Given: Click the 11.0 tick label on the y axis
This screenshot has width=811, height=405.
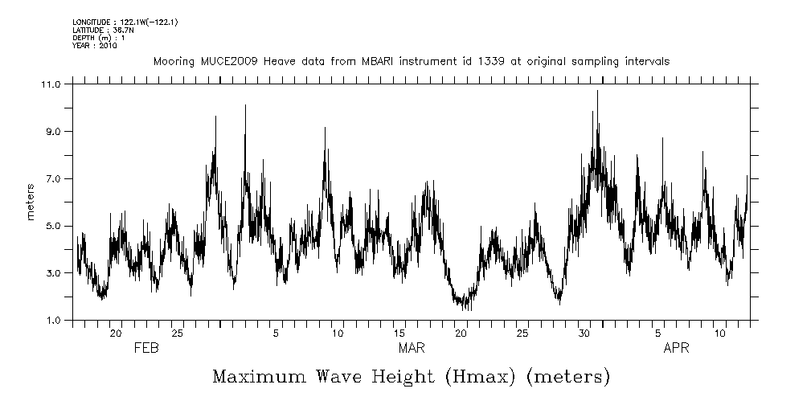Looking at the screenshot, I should [x=51, y=84].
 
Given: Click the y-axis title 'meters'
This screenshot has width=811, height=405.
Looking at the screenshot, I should [x=31, y=202].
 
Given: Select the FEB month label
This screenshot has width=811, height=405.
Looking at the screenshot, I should [x=145, y=349].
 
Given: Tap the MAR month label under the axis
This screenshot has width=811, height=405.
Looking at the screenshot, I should [x=412, y=349].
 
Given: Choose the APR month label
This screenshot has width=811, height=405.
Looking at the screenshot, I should [x=676, y=349].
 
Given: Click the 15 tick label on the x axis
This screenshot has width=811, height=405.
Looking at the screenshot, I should [x=399, y=333].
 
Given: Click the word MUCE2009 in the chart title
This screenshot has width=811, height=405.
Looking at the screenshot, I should [x=223, y=61].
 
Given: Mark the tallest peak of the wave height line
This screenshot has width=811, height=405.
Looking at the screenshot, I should [x=597, y=91].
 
